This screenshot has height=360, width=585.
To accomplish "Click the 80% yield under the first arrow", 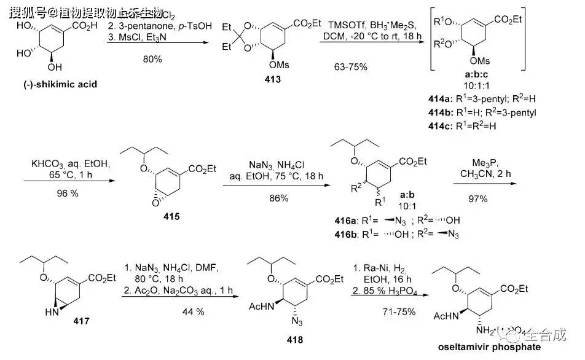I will [151, 59].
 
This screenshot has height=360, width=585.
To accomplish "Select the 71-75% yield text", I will [398, 312].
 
